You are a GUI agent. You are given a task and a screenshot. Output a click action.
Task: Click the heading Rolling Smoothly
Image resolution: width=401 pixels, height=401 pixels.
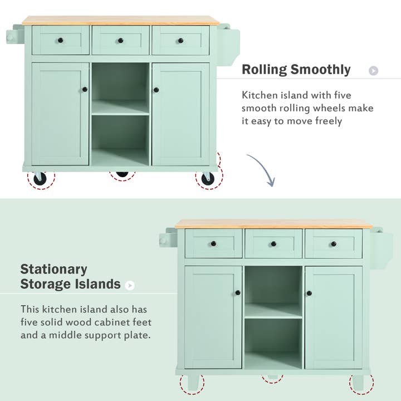296,70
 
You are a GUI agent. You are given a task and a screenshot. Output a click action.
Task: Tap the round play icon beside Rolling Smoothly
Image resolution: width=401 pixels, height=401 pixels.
374,71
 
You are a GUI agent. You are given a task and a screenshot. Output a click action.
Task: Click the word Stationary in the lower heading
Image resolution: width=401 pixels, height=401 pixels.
54,270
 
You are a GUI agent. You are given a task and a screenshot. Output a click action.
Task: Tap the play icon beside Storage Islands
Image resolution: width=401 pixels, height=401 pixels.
130,285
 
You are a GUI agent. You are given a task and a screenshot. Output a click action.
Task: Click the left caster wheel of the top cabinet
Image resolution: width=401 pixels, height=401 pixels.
40,178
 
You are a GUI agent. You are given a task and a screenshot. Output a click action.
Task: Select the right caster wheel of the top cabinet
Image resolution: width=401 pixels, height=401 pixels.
208,178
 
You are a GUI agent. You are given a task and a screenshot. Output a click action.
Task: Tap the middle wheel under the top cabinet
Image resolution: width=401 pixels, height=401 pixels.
122,173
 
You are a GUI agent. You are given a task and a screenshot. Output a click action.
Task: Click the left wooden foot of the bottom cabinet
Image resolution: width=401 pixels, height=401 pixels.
193,382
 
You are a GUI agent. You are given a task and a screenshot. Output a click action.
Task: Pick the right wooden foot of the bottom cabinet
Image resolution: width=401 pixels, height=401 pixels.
358,381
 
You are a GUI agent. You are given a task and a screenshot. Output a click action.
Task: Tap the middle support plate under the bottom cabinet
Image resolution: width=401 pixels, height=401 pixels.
273,376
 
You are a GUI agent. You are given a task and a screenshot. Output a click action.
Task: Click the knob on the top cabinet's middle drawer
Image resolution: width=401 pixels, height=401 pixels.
120,40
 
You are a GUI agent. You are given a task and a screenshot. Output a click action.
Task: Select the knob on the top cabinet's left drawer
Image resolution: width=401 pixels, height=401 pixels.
60,40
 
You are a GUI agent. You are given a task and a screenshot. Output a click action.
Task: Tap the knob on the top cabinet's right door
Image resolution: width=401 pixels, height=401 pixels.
157,90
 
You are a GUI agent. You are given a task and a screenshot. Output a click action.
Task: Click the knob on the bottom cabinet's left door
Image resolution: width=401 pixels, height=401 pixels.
238,292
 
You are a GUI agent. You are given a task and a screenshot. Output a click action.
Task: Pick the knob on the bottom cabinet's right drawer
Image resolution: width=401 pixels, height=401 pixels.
333,243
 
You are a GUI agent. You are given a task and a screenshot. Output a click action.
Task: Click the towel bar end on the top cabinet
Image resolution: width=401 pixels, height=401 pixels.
11,37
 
